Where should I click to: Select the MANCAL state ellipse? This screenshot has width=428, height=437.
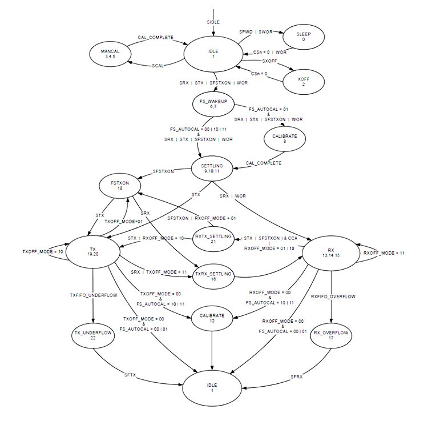pyautogui.click(x=111, y=54)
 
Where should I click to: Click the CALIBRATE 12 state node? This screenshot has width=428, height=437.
pyautogui.click(x=213, y=318)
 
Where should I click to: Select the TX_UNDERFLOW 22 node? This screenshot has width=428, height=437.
pyautogui.click(x=92, y=335)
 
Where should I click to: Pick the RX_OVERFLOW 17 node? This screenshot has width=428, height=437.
pyautogui.click(x=332, y=334)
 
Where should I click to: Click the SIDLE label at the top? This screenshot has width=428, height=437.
pyautogui.click(x=213, y=22)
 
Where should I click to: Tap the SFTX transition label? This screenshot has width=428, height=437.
pyautogui.click(x=131, y=375)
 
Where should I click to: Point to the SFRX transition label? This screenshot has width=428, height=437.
pyautogui.click(x=296, y=376)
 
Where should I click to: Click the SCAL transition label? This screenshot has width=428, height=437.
pyautogui.click(x=158, y=66)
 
